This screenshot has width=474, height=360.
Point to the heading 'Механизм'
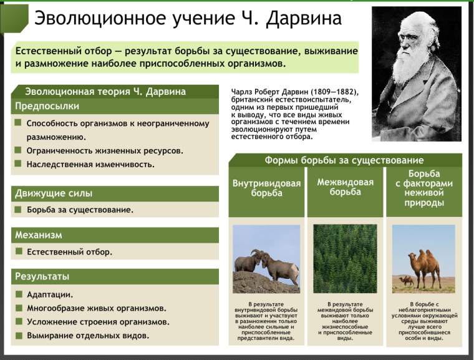pos(39,235)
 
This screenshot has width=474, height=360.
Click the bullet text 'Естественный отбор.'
pos(69,252)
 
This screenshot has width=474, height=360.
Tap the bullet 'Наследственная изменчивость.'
pos(90,165)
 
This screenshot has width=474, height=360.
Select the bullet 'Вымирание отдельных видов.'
pos(88,335)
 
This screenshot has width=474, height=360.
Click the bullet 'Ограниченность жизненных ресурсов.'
pos(105,151)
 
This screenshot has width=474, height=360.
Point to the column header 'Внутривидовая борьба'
pos(266,188)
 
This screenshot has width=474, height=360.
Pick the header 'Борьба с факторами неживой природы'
pos(423,188)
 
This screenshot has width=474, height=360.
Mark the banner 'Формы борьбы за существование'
pos(344,160)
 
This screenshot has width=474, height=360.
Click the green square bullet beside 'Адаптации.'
pos(19,294)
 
